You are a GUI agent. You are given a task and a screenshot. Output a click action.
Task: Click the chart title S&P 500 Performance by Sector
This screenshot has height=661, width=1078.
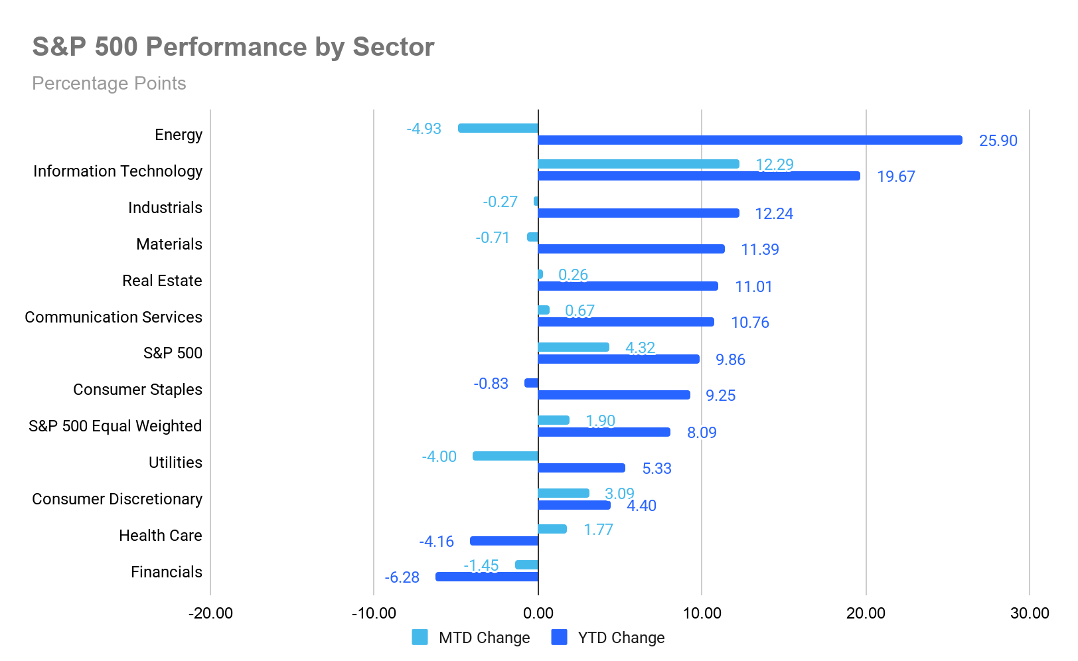pos(234,47)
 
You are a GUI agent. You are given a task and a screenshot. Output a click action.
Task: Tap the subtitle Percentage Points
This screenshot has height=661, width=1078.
pos(109,84)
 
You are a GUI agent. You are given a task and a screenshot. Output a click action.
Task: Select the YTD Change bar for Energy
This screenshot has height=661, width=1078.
pos(750,140)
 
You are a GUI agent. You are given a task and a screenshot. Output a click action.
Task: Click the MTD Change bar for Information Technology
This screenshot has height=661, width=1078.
pos(639,164)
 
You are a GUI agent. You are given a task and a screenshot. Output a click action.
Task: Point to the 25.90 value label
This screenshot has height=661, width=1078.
pos(998,141)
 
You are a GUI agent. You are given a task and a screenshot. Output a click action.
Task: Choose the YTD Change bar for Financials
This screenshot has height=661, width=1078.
pos(487,576)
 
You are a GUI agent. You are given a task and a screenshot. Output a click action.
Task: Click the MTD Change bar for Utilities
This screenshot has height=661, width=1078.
pos(505,456)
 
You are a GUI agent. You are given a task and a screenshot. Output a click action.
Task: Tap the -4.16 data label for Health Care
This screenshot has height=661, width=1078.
pos(437,542)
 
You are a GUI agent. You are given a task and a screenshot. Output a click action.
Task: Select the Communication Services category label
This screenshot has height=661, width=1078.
pos(114,317)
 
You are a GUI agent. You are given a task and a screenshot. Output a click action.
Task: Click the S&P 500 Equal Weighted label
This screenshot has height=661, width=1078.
pos(115,426)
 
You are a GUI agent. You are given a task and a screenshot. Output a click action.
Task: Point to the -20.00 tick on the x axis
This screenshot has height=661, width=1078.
pos(210,613)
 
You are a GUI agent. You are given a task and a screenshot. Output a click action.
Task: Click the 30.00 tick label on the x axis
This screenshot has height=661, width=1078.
pos(1030,613)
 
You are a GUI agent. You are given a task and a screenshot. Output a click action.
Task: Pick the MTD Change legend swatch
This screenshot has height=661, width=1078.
pos(420,637)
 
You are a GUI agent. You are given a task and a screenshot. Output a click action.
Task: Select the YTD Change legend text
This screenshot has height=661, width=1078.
pos(621,638)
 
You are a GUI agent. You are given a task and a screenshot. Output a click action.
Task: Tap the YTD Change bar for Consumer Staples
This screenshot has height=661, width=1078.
pos(614,395)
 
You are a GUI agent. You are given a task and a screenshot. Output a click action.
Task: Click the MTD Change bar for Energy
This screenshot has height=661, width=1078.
pos(498,128)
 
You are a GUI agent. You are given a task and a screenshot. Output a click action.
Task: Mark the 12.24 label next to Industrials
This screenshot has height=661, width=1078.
pos(774,214)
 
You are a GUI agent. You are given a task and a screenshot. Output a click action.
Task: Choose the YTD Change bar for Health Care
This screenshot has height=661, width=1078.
pos(504,541)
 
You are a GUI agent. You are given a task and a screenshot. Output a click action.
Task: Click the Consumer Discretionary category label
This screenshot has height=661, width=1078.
pos(117,499)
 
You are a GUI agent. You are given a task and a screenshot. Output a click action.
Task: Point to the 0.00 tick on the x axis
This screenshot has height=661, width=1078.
pos(538,613)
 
